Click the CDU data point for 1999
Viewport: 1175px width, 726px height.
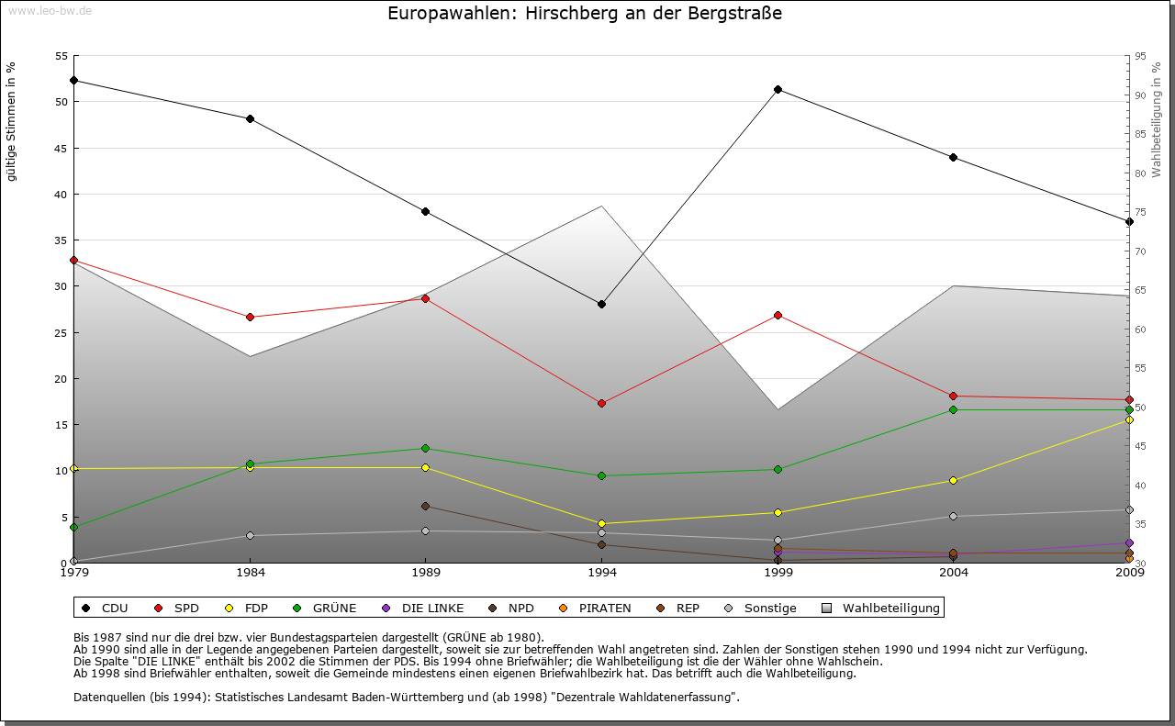click(x=778, y=89)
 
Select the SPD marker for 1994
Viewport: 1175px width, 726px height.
click(x=601, y=403)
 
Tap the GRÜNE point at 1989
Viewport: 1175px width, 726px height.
click(x=425, y=448)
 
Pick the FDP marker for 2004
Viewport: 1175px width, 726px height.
click(x=954, y=480)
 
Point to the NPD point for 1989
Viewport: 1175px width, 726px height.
click(x=425, y=506)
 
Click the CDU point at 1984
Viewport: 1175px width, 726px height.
click(x=250, y=118)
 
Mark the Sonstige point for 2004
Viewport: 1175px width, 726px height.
click(x=954, y=516)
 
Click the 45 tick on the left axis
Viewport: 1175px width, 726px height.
click(x=62, y=148)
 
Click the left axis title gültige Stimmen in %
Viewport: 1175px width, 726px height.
click(x=11, y=121)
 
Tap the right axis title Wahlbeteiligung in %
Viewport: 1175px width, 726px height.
click(x=1156, y=119)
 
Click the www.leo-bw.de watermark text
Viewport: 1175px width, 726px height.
click(x=50, y=10)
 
